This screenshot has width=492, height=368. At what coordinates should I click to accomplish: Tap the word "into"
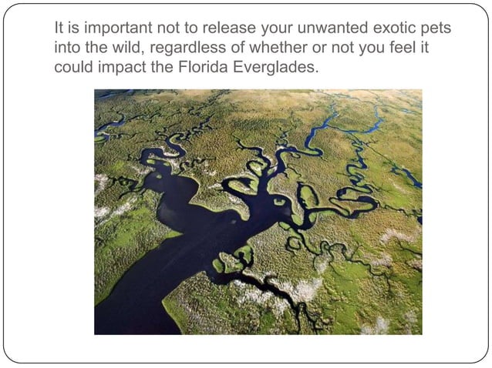point(66,48)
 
